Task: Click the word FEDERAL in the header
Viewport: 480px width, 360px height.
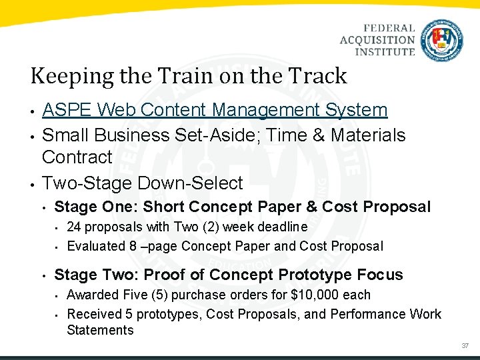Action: click(x=389, y=29)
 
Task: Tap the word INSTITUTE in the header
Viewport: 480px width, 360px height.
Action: click(x=384, y=51)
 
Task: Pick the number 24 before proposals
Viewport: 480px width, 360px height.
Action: click(x=75, y=227)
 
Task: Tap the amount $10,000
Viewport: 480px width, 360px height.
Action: click(x=314, y=295)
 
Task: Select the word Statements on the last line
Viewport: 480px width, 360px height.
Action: click(x=100, y=330)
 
